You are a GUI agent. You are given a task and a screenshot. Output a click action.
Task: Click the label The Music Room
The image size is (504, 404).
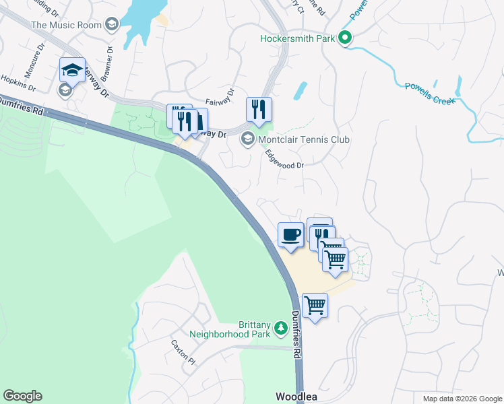click(66, 25)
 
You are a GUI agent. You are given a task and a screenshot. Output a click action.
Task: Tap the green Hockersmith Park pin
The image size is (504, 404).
click(345, 38)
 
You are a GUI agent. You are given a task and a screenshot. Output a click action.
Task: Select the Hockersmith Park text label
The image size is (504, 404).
click(297, 38)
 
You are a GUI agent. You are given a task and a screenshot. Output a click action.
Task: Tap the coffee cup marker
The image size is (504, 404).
click(290, 235)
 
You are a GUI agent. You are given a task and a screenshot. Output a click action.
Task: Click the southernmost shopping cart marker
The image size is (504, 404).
click(315, 306)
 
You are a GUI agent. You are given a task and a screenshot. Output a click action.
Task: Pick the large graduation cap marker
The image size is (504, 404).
click(73, 70)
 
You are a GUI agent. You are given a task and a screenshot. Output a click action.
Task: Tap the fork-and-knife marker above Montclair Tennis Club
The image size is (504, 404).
click(259, 108)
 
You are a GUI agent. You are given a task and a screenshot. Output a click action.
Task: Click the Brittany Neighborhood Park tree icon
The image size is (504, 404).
click(280, 328)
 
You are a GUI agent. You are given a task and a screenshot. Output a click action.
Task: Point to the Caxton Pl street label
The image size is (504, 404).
click(183, 351)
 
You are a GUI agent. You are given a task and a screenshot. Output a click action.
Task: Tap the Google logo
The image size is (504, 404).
click(22, 396)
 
